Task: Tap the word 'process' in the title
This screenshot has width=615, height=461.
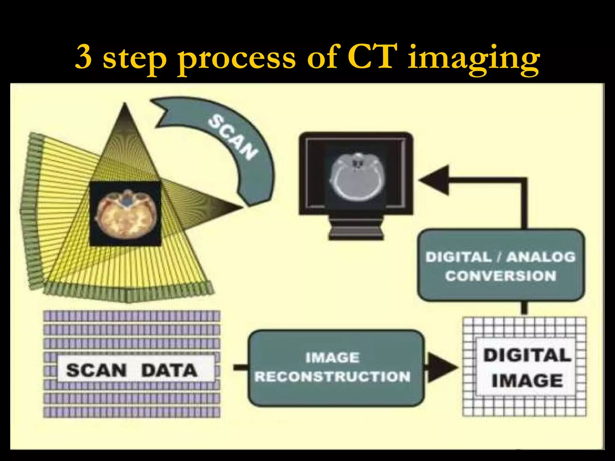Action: click(237, 59)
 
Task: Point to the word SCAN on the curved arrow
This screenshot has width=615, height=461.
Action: click(232, 137)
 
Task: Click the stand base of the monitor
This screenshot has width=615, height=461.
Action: click(356, 230)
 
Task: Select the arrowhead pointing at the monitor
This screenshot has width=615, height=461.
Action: click(435, 180)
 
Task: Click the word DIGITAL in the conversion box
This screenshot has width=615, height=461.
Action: click(458, 257)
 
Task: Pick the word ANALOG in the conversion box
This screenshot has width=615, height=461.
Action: click(541, 257)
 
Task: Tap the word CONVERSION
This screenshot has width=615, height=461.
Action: click(501, 276)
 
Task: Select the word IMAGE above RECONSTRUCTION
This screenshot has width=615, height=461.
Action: click(332, 358)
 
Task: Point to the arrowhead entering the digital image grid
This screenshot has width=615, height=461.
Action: click(441, 367)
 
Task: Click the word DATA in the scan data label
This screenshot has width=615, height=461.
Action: click(169, 370)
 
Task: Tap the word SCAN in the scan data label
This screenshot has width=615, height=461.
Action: click(96, 370)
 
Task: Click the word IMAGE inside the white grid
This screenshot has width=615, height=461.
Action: click(527, 381)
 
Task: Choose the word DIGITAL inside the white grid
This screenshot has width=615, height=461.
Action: click(527, 355)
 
